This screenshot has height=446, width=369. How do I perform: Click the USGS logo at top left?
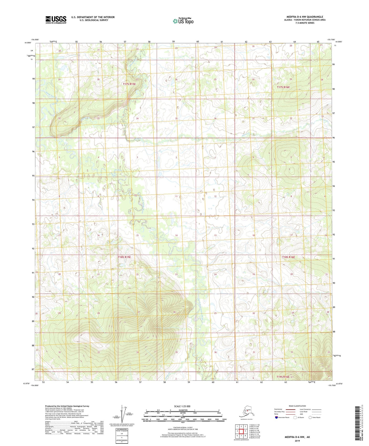[56, 20]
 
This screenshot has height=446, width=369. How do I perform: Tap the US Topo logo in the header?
[183, 21]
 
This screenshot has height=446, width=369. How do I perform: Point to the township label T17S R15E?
[129, 84]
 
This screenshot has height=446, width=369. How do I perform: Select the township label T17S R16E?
[283, 87]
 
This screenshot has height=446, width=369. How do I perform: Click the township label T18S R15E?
[124, 257]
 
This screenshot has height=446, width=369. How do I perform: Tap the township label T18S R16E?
[289, 257]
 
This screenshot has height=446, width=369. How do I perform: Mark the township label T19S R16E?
[283, 377]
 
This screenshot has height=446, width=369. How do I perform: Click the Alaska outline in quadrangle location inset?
[246, 413]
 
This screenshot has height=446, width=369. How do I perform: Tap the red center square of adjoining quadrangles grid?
[241, 431]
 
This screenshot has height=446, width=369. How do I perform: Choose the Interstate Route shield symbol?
[276, 417]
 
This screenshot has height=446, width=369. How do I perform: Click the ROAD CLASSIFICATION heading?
[297, 406]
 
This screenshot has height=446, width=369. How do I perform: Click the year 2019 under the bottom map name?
[297, 441]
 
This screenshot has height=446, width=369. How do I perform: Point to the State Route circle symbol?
[310, 417]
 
